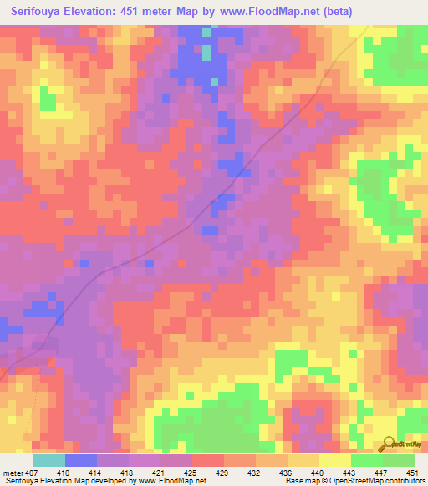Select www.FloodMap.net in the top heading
271,11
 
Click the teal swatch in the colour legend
49,460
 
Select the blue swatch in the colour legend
81,460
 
